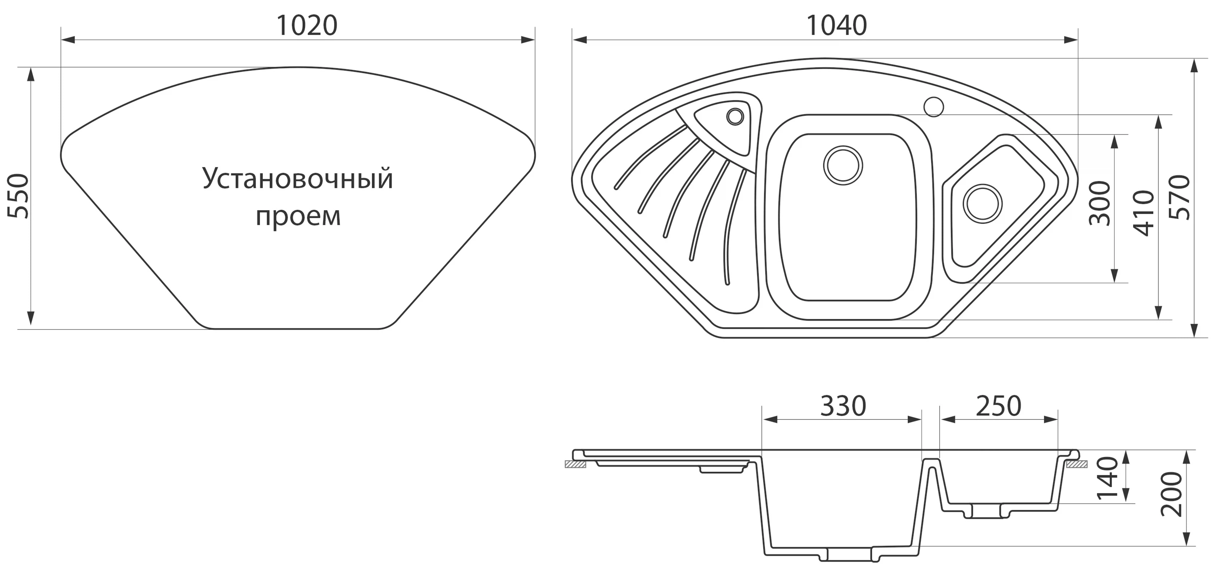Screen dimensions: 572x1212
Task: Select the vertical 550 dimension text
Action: [x=19, y=196]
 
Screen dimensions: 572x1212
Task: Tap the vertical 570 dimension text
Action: [x=1180, y=198]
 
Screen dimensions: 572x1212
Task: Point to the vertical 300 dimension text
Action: [x=1100, y=203]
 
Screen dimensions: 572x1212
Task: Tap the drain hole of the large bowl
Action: [x=843, y=165]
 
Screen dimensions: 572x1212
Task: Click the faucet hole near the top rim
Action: [x=934, y=107]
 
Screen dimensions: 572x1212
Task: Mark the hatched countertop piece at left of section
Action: [x=575, y=464]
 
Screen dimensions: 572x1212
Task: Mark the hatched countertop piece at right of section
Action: [x=1077, y=464]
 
